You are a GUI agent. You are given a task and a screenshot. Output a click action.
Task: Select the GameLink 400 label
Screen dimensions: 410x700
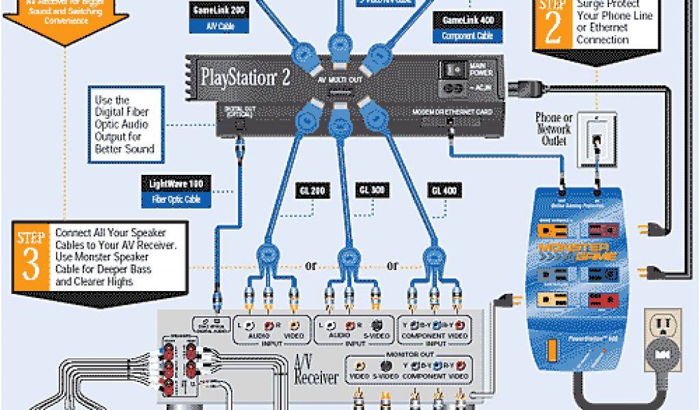[x=468, y=20]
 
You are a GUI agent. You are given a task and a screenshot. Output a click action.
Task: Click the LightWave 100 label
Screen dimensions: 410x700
[x=176, y=183]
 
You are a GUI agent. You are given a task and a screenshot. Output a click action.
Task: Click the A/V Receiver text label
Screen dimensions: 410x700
[x=316, y=368]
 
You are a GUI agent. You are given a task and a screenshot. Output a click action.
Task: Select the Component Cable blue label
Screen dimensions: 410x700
[x=468, y=36]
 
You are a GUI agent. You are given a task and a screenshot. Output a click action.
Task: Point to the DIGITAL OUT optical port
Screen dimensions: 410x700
[x=239, y=124]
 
